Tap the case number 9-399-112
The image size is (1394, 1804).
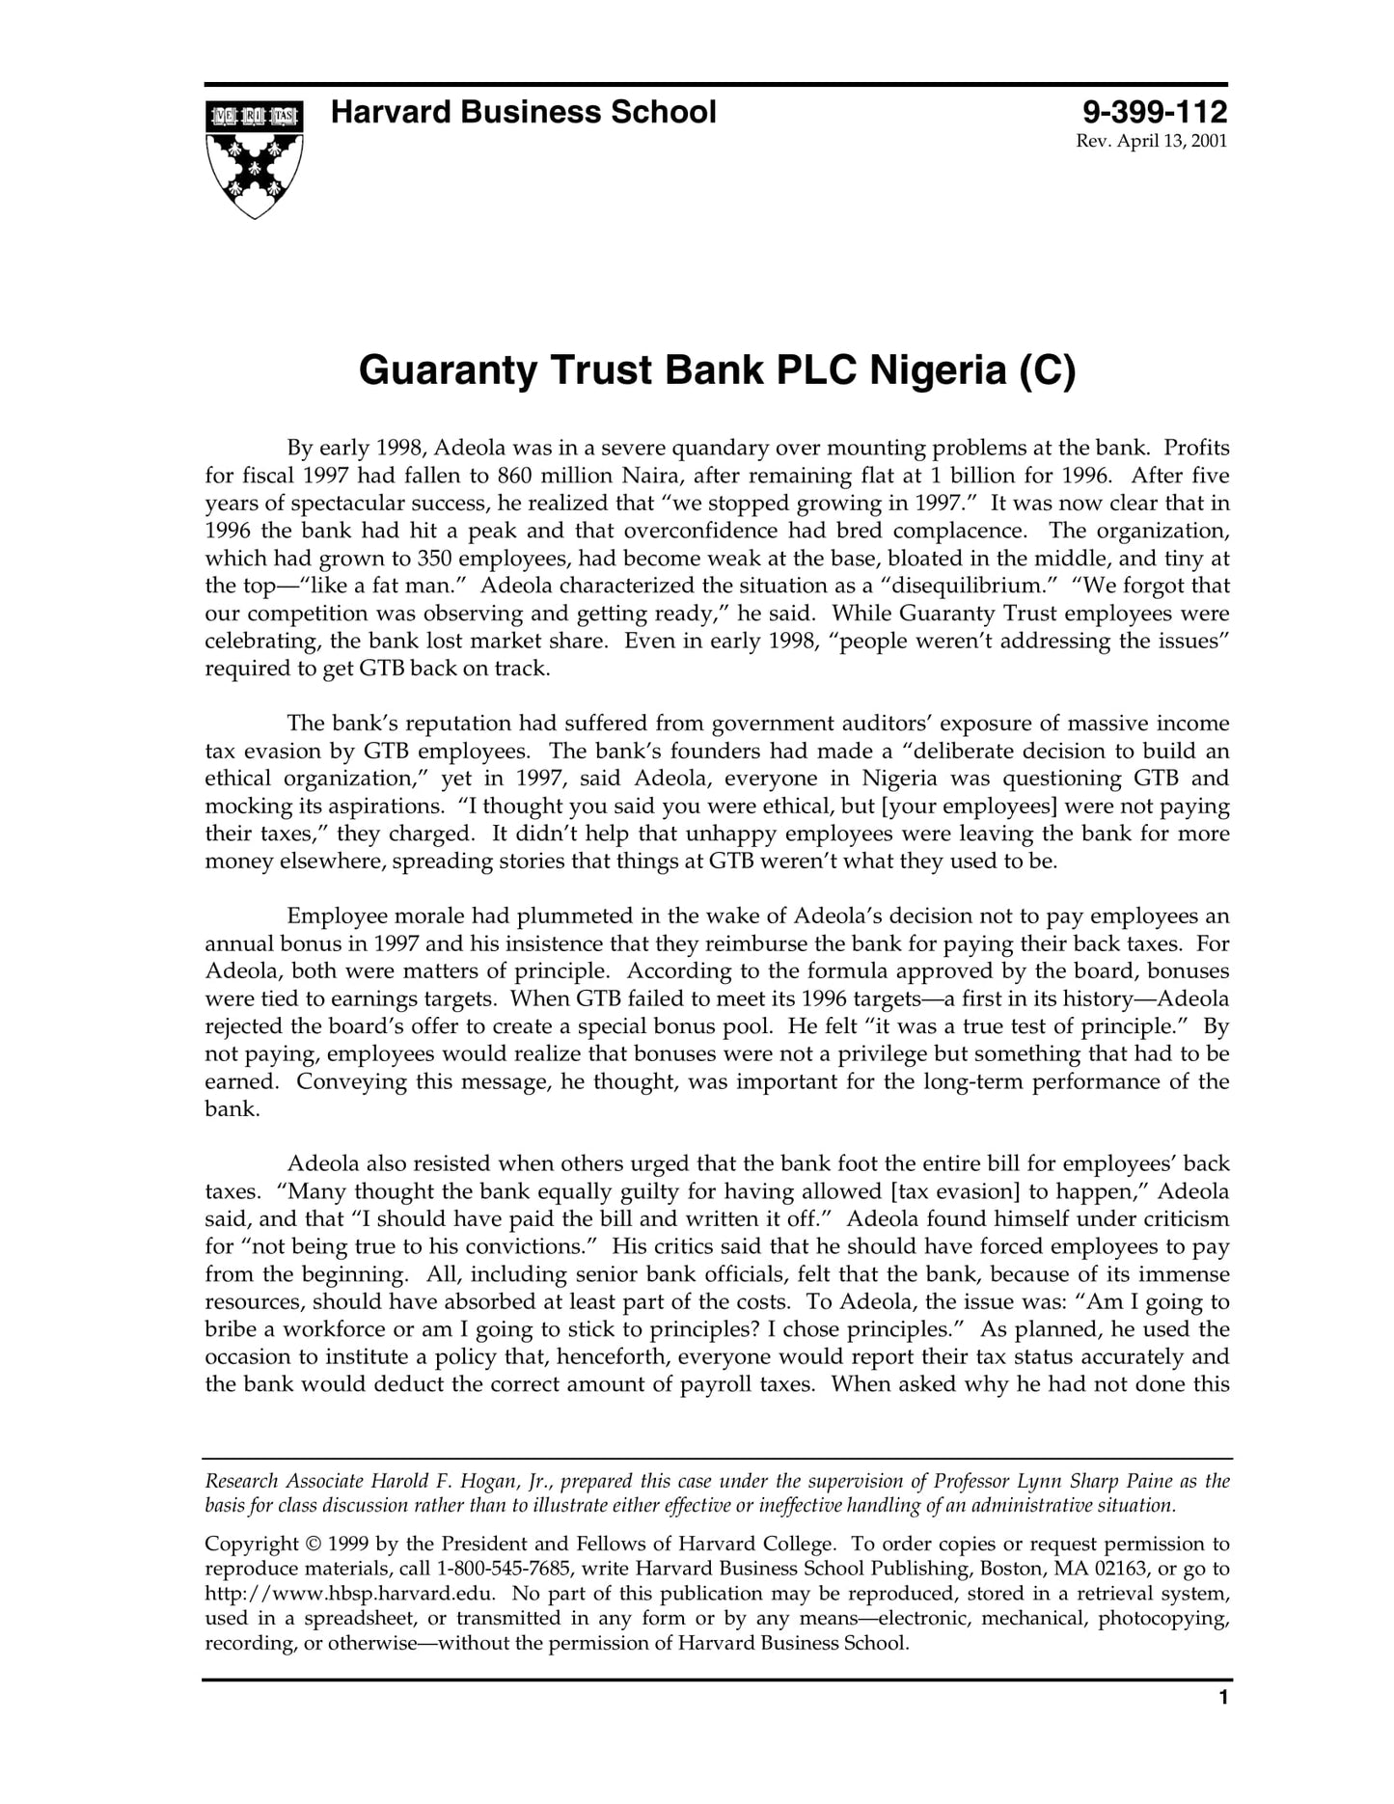[1154, 113]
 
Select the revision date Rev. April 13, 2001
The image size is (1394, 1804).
[1151, 142]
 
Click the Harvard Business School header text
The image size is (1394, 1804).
[523, 113]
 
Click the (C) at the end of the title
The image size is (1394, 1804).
[1046, 370]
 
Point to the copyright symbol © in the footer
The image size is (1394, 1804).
[317, 1544]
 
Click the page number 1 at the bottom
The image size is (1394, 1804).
[1222, 1725]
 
